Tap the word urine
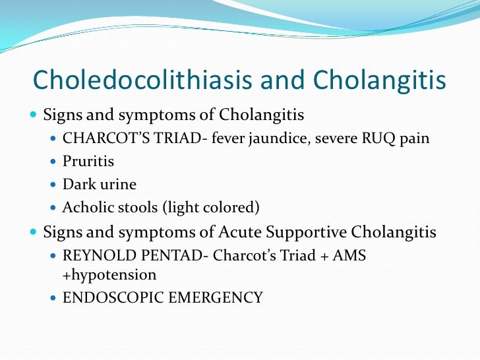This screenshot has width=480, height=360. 115,185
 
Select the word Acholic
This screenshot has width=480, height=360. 86,208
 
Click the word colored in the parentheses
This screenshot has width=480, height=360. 233,208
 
